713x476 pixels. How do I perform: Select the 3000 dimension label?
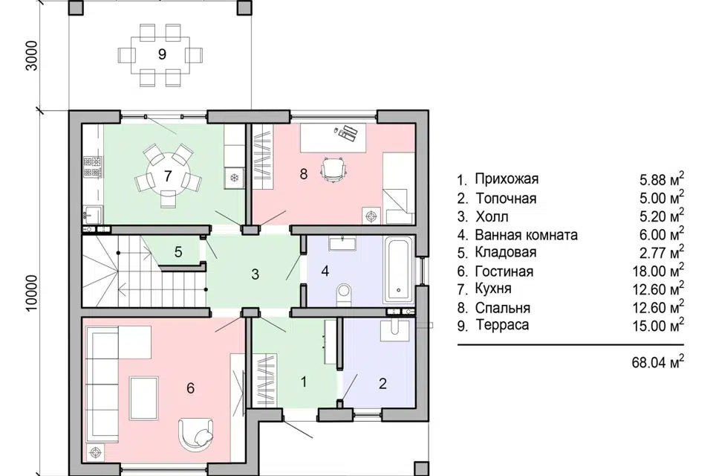point(30,55)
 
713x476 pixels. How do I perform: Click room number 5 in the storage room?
point(178,251)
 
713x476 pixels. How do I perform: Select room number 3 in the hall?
point(255,274)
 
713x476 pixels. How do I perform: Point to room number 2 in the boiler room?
point(382,384)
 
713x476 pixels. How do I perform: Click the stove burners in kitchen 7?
point(93,167)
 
